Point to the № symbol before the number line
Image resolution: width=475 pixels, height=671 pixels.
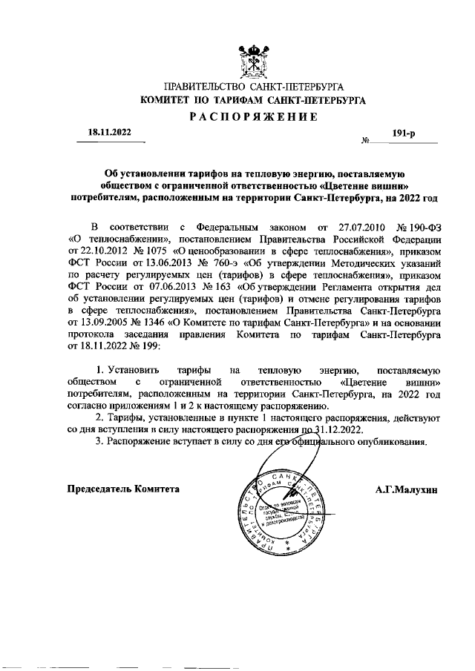[x=365, y=140]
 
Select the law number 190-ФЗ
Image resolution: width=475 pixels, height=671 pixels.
[x=420, y=226]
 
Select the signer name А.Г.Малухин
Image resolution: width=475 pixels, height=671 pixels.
[x=407, y=489]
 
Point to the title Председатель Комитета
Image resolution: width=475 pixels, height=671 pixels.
[x=123, y=489]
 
